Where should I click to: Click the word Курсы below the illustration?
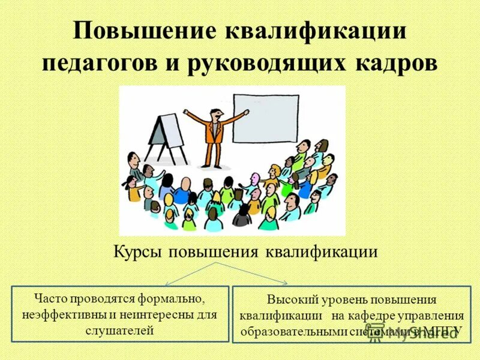[139, 251]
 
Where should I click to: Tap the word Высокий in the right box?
[289, 300]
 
